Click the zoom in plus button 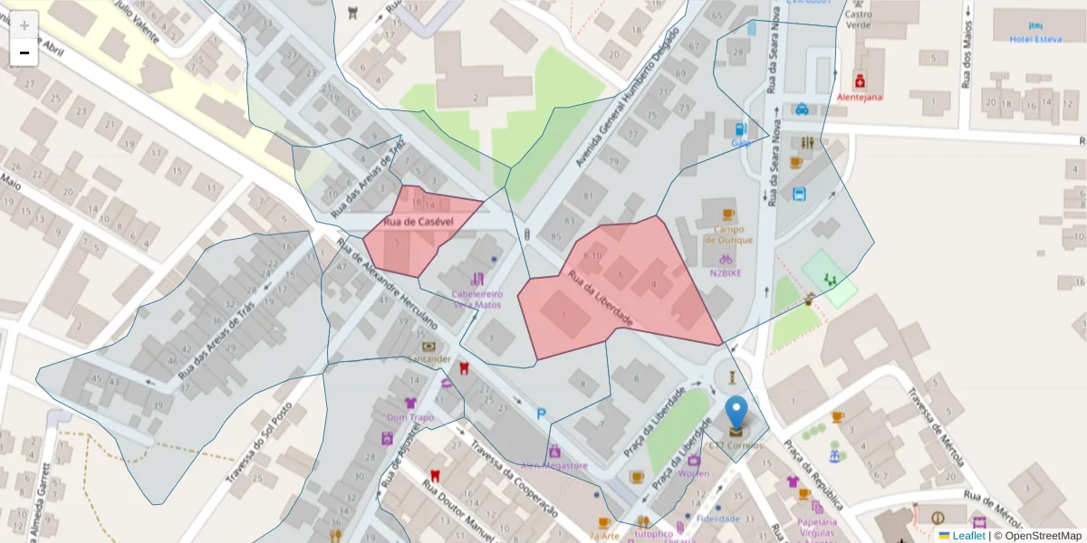pyautogui.click(x=24, y=24)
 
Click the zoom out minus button pyautogui.click(x=24, y=52)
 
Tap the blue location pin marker pyautogui.click(x=737, y=413)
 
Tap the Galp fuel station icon pyautogui.click(x=742, y=129)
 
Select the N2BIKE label pyautogui.click(x=726, y=272)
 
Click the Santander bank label pyautogui.click(x=428, y=358)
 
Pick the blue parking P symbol pyautogui.click(x=542, y=414)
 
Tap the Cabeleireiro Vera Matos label pyautogui.click(x=476, y=299)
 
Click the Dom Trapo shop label pyautogui.click(x=410, y=417)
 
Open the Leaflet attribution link pyautogui.click(x=968, y=535)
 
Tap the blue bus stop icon pyautogui.click(x=800, y=194)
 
